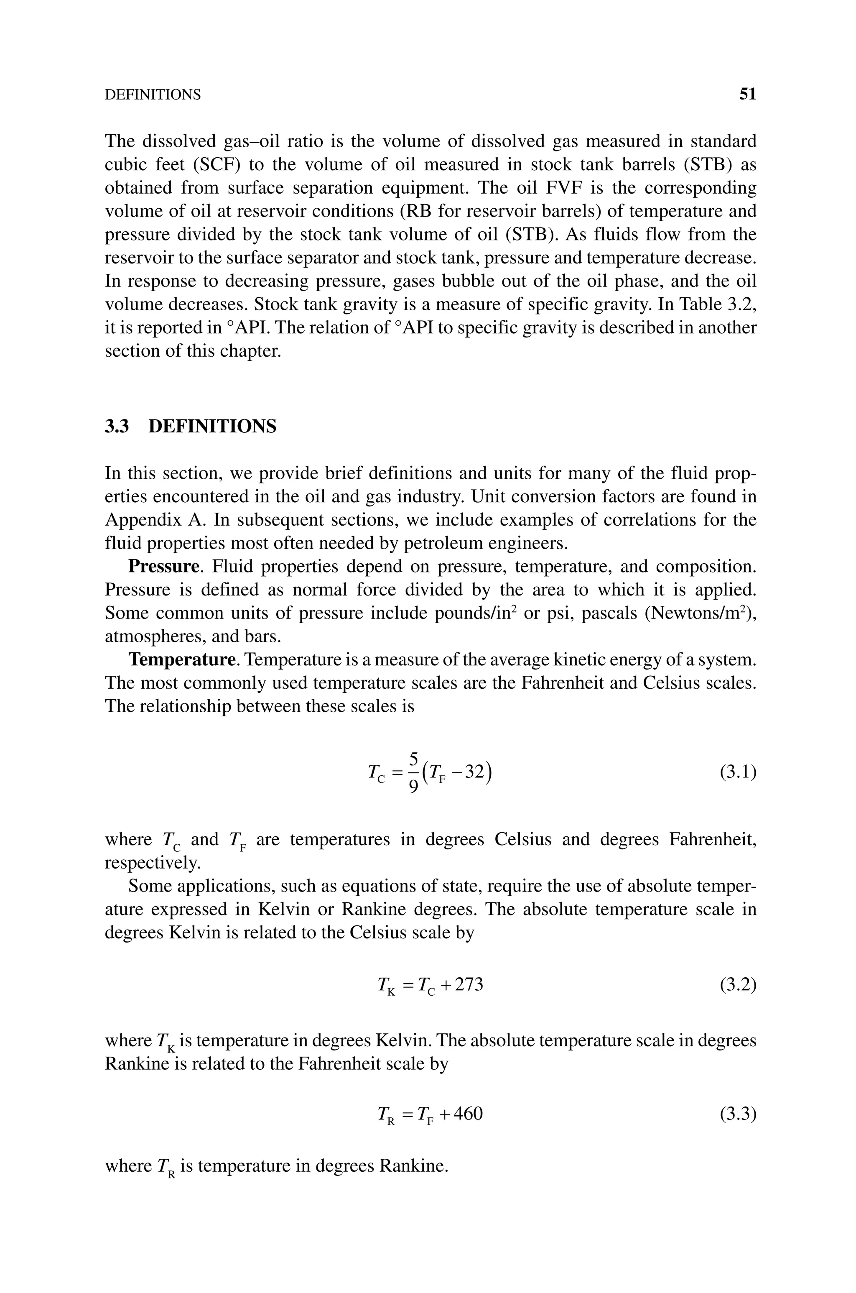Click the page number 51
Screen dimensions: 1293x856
(x=747, y=95)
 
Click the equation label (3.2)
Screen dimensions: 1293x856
(x=738, y=985)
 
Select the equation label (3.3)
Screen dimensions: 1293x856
(x=738, y=1113)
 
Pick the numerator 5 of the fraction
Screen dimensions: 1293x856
(x=413, y=759)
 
